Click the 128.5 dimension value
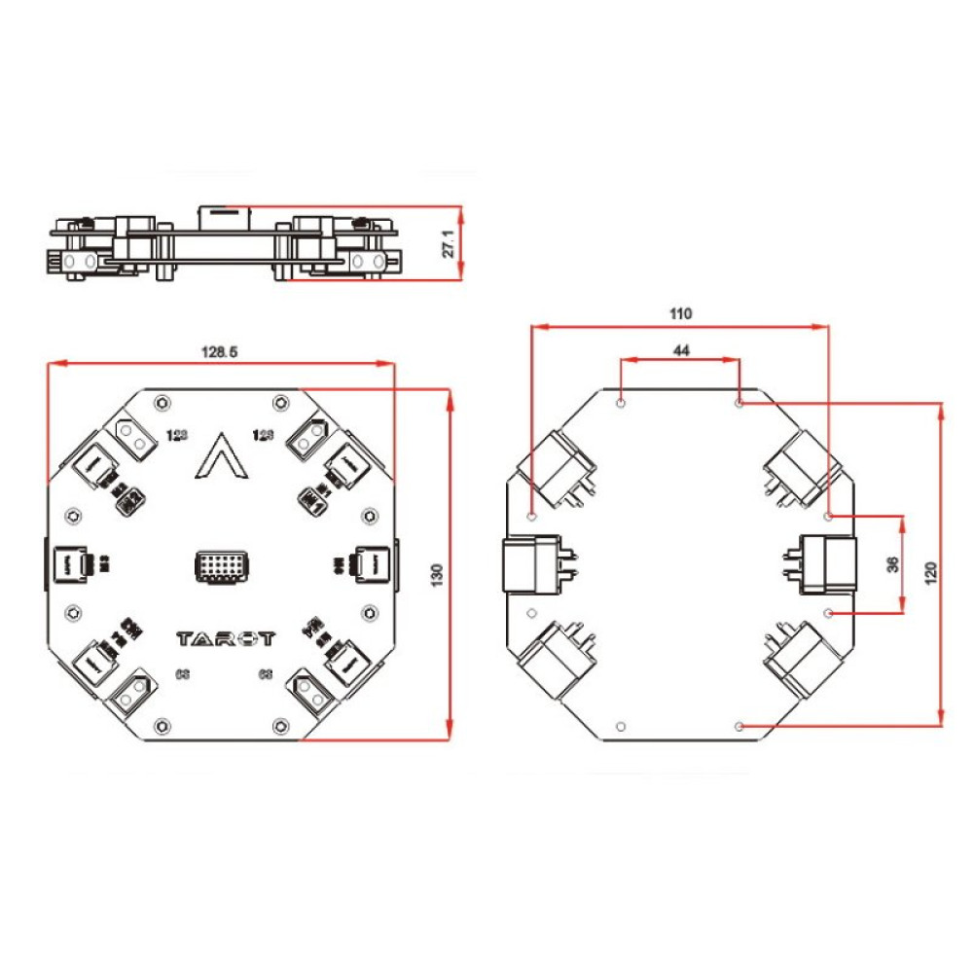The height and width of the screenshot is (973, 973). (x=220, y=351)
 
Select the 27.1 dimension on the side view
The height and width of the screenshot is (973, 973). (x=449, y=243)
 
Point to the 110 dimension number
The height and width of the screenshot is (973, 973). (x=679, y=313)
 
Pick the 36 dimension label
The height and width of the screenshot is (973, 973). (x=893, y=564)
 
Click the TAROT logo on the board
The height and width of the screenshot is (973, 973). (x=226, y=639)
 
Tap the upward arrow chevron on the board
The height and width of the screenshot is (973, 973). (x=220, y=456)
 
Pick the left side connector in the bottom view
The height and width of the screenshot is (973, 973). (x=530, y=564)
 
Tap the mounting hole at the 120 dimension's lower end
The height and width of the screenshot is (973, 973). (x=739, y=727)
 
